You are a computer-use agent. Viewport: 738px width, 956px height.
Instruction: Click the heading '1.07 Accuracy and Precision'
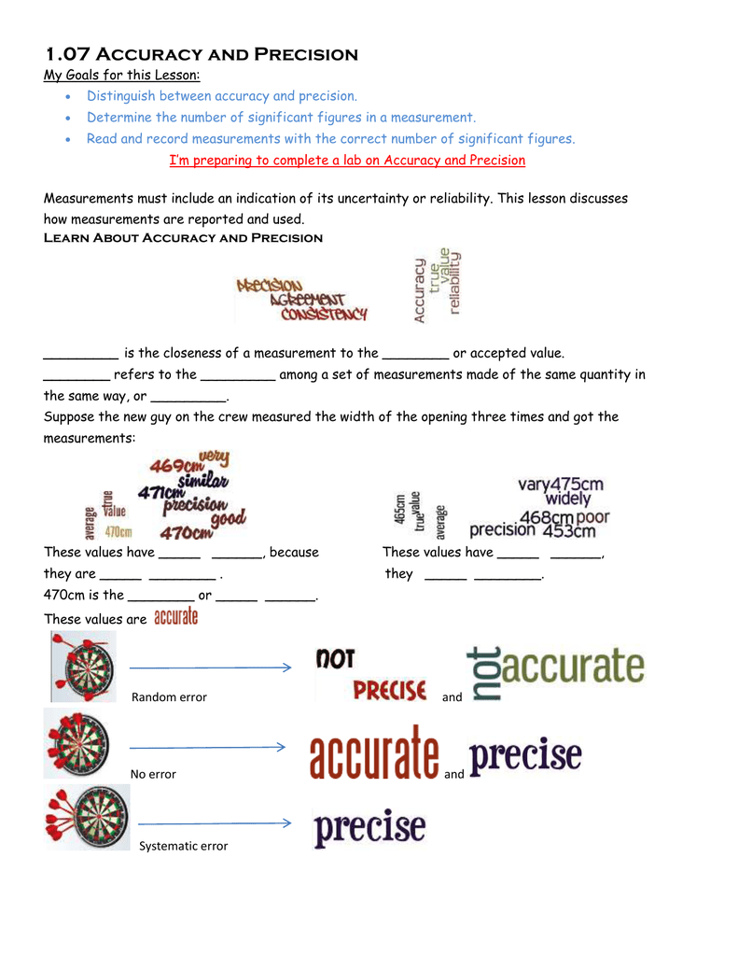point(202,54)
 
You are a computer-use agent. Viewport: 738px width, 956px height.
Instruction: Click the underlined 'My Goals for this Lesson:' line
point(122,76)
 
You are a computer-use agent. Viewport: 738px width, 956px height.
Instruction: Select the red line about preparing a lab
point(347,160)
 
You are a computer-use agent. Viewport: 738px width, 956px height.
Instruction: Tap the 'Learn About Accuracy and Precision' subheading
point(183,238)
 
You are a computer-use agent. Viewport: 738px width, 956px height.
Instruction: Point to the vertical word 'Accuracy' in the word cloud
point(420,290)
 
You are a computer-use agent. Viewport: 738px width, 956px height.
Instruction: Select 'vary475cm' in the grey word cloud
point(561,484)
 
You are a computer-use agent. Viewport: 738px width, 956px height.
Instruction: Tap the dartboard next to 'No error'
point(78,743)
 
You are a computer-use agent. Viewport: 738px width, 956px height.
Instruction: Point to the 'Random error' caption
point(169,697)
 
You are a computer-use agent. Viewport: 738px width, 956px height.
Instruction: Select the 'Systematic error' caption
point(183,846)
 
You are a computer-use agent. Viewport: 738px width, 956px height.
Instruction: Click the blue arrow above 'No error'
point(207,747)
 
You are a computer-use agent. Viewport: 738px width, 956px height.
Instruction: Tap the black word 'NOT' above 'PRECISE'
point(336,659)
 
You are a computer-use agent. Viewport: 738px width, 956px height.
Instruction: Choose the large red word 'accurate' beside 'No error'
point(374,756)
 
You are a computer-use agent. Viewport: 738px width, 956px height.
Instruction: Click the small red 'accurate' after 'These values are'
point(175,617)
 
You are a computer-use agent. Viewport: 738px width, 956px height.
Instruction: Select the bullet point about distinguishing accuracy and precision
point(222,96)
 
